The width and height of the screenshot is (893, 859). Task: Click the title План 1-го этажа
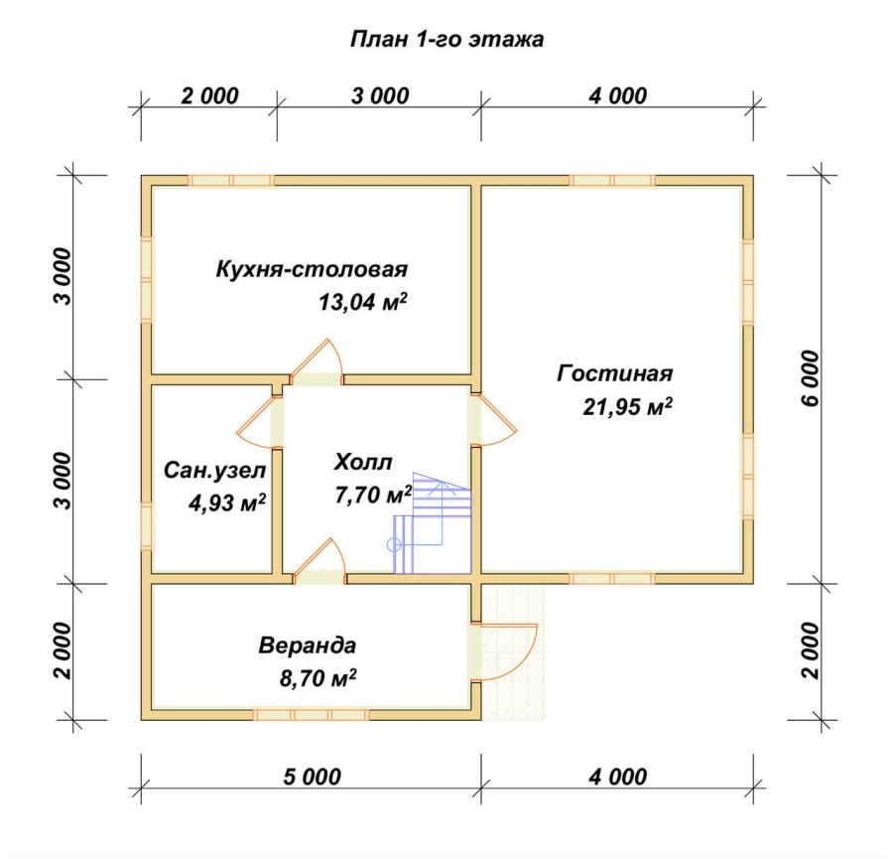pos(446,40)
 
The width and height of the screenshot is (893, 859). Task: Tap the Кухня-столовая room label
pos(312,269)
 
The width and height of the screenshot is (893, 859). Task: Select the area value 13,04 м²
pos(363,302)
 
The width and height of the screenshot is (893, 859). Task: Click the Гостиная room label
pos(614,373)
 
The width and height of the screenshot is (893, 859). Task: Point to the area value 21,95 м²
pos(627,407)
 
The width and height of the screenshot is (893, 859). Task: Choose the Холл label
pos(363,462)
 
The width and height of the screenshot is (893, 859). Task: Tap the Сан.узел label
pos(214,471)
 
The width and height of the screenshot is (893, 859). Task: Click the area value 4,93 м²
pos(226,503)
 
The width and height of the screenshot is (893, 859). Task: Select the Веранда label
pos(307,645)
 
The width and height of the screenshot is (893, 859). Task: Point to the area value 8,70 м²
pos(318,678)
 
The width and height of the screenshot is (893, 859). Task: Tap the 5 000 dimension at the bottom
pos(313,777)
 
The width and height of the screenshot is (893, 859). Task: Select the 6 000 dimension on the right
pos(811,378)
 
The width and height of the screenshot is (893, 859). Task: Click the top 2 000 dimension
pos(209,95)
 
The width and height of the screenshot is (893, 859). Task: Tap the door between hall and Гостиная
pos(494,419)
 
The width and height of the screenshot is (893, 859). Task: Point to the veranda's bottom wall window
pos(311,715)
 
